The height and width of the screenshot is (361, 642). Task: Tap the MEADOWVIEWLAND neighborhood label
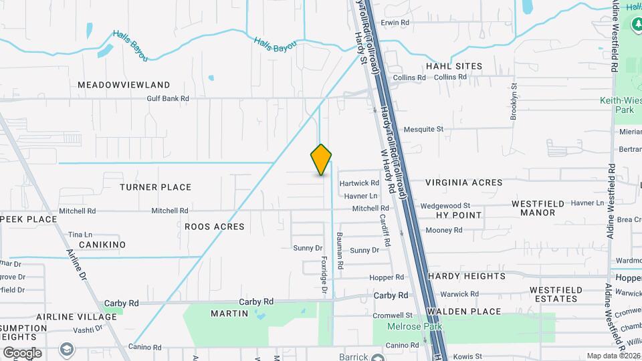click(124, 85)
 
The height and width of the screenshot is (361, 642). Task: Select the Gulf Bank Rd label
click(168, 98)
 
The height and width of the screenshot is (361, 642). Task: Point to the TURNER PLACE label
click(155, 187)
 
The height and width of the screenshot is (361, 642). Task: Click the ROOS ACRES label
click(214, 227)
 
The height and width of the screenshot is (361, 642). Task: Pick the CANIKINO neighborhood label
click(102, 245)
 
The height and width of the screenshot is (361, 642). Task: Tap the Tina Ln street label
click(80, 235)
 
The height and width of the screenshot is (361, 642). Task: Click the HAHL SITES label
click(454, 66)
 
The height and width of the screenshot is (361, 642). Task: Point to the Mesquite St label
click(423, 129)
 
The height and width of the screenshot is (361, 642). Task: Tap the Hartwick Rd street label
click(359, 183)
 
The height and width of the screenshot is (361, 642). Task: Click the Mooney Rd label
click(444, 230)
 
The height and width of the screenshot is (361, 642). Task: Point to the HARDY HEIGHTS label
click(467, 276)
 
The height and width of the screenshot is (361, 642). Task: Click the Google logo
click(22, 352)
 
